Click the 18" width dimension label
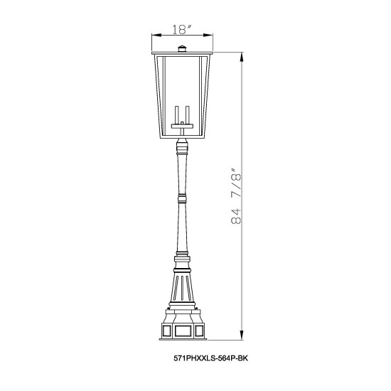coord(182,29)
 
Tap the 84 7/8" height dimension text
coord(237,196)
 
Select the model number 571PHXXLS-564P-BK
coord(210,358)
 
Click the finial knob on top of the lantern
coord(182,48)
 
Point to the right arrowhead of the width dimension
coord(208,36)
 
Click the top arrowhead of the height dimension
coord(242,57)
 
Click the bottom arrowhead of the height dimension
coord(242,335)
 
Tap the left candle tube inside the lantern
coord(177,115)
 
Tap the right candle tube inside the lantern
coord(188,115)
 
